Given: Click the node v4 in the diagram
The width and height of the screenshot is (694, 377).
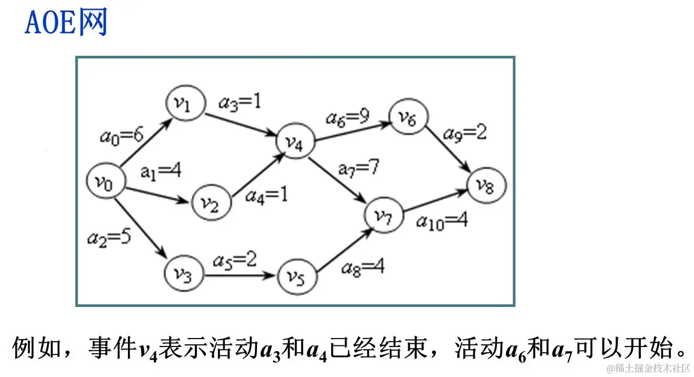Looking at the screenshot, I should click(296, 142).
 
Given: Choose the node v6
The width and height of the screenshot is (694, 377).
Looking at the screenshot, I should click(408, 118).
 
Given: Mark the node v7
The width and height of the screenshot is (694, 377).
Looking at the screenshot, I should click(383, 215).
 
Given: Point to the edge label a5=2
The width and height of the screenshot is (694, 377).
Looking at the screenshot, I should click(234, 260).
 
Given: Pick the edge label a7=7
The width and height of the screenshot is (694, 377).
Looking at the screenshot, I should click(358, 168).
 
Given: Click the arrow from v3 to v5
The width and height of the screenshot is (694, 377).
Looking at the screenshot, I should click(240, 275).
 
